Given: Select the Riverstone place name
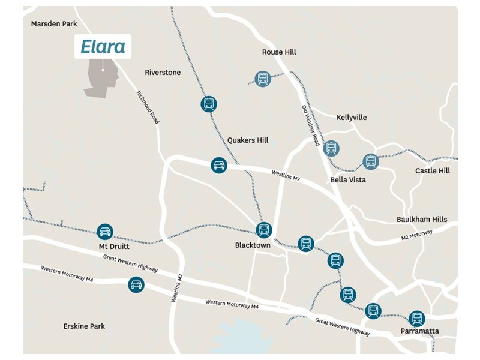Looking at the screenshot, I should (163, 73).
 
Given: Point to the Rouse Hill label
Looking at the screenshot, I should (279, 52).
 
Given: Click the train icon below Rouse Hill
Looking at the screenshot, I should (262, 79).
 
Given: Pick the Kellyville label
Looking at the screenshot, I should (352, 118).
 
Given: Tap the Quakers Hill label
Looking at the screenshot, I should (248, 140).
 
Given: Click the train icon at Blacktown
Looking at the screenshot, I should (263, 229).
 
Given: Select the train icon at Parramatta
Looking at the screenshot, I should (416, 318).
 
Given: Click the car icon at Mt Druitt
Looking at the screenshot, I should (105, 232).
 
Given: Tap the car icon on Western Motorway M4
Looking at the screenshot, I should (136, 284).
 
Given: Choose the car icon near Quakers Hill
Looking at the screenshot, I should (219, 166).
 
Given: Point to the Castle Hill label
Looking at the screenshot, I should (432, 171).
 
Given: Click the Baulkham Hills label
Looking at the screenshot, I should (422, 220).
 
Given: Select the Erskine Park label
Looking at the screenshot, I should (84, 326).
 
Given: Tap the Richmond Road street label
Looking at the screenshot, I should (148, 107).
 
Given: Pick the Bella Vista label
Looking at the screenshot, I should (348, 179).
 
